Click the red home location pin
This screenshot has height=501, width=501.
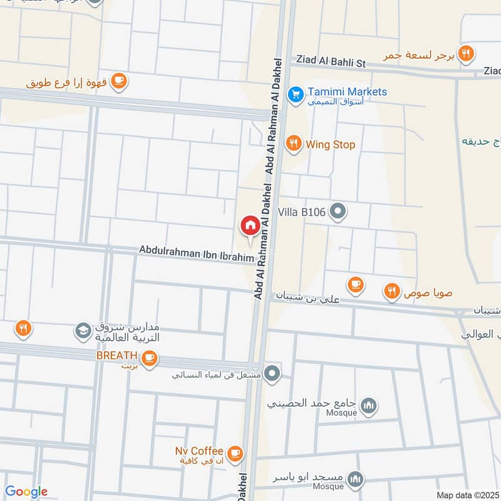(x=250, y=225)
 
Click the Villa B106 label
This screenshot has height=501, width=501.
(x=305, y=212)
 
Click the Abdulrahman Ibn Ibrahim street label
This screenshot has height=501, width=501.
(x=196, y=253)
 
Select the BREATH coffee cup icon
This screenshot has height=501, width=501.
(x=148, y=358)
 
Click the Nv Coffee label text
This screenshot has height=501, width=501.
(x=199, y=451)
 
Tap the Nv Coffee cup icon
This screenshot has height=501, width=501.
(x=234, y=452)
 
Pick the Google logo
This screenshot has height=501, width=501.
(x=26, y=492)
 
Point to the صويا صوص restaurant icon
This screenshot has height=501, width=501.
(x=392, y=291)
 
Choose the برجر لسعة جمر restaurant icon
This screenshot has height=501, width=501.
(x=465, y=53)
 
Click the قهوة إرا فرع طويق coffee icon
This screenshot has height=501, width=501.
(x=120, y=80)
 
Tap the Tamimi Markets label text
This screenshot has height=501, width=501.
(x=346, y=91)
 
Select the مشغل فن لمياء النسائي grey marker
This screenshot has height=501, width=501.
(x=272, y=375)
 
